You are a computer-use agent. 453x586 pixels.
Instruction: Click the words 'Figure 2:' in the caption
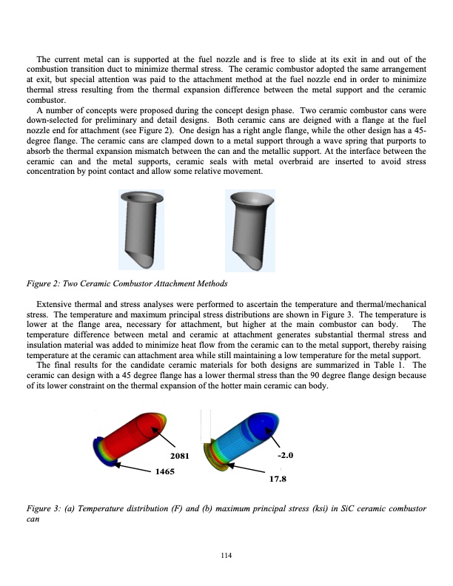[x=41, y=285]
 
